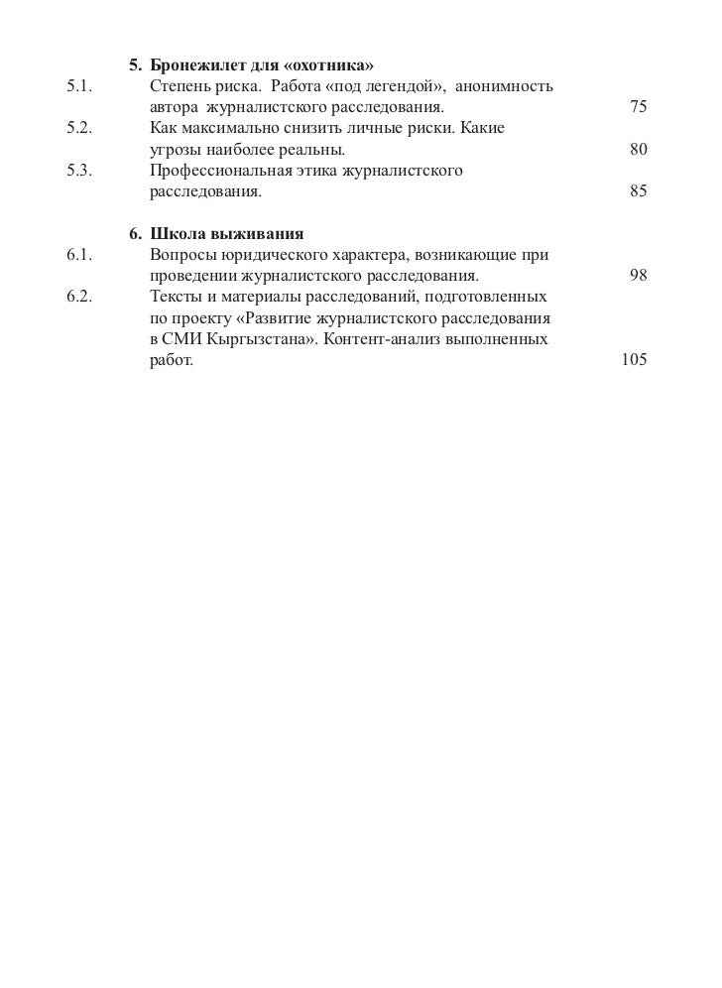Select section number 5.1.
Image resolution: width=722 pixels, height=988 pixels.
click(x=79, y=86)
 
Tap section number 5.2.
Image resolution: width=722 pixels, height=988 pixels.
click(x=79, y=129)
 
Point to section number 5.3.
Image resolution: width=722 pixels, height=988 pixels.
click(x=79, y=171)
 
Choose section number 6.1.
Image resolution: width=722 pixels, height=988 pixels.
click(x=79, y=255)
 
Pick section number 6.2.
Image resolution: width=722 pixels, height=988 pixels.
click(x=79, y=297)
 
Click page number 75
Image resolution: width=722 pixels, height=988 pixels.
click(x=638, y=107)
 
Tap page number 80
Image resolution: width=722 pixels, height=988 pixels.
click(x=638, y=150)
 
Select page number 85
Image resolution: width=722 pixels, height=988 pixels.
click(x=638, y=191)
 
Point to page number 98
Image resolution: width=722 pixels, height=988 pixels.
click(x=638, y=276)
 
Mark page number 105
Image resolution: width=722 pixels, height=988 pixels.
click(x=634, y=360)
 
